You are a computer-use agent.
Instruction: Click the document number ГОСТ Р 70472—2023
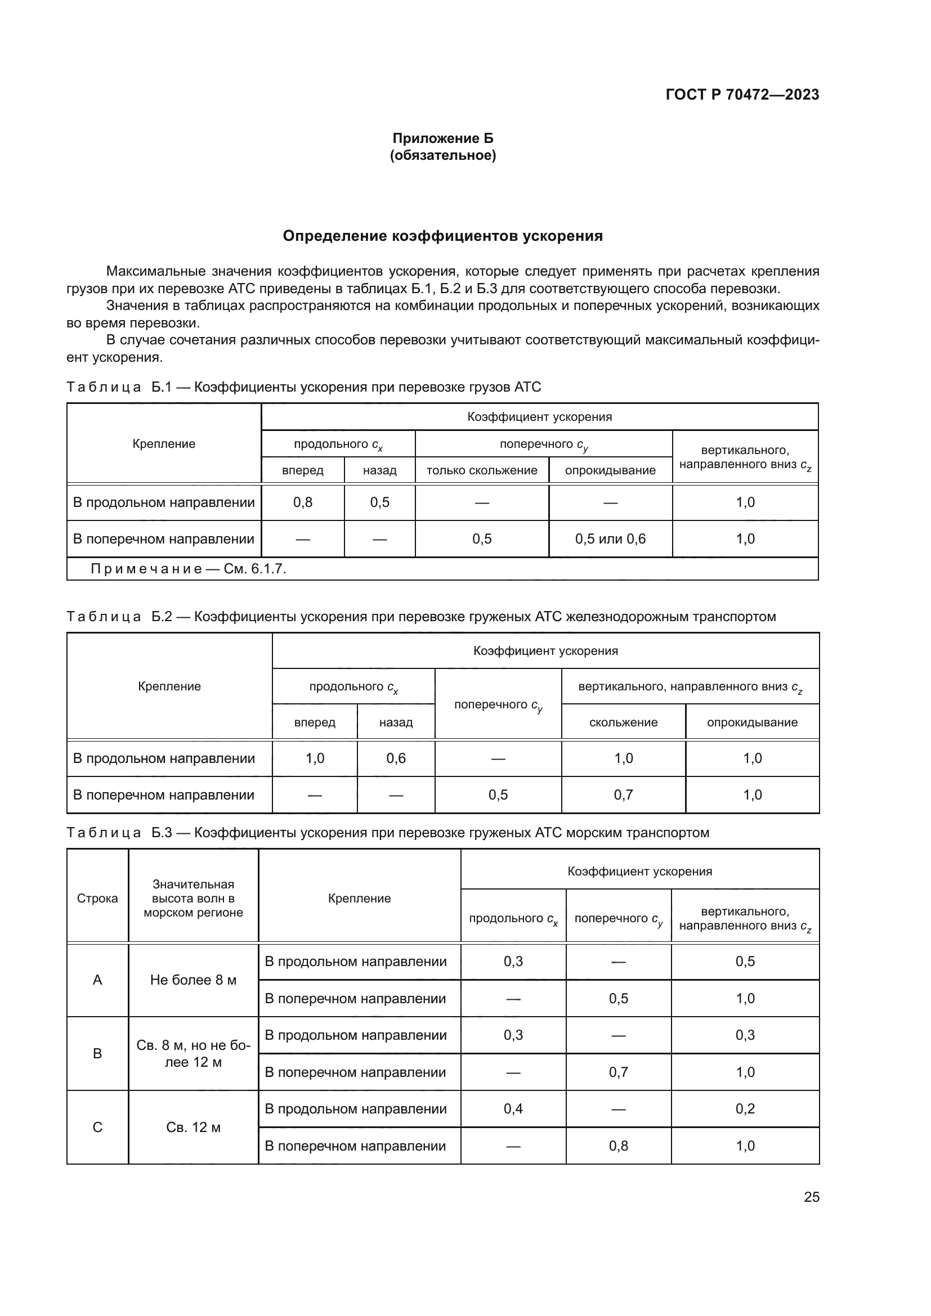click(x=742, y=95)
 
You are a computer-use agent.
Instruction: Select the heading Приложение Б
click(x=442, y=138)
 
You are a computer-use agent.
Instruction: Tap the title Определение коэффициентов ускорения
click(x=442, y=236)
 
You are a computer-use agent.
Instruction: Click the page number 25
click(x=811, y=1197)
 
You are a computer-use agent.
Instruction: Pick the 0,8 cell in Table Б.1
click(x=303, y=502)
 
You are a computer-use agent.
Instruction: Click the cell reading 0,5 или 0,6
click(x=610, y=539)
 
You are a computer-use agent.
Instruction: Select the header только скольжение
click(x=482, y=470)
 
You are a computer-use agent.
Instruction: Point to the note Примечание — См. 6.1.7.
click(x=188, y=569)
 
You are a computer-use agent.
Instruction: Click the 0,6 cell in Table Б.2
click(x=396, y=758)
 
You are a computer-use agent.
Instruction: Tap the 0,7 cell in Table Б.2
click(x=623, y=795)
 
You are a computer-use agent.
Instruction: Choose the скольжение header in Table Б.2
click(x=623, y=722)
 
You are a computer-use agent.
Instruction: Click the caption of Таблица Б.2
click(x=421, y=617)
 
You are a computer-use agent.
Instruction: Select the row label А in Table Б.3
click(x=97, y=980)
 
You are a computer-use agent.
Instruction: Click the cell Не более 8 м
click(x=193, y=980)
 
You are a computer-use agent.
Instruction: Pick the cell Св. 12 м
click(x=193, y=1128)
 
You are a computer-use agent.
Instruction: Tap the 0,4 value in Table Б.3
click(x=513, y=1109)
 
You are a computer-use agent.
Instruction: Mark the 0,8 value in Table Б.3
click(x=618, y=1146)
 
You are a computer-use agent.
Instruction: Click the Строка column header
click(x=97, y=898)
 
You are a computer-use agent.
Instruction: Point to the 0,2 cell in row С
click(x=745, y=1109)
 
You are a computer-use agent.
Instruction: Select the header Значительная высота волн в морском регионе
click(x=193, y=898)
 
